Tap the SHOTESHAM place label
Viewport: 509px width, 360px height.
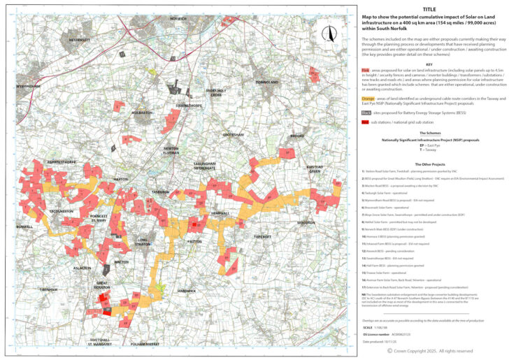click(x=234, y=134)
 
